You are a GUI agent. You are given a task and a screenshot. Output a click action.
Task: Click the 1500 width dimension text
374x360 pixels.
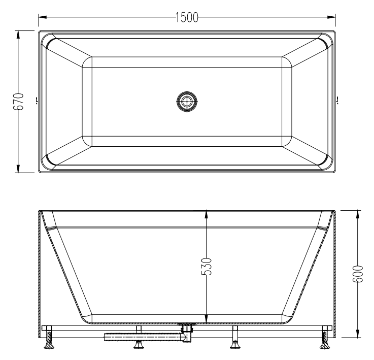click(187, 18)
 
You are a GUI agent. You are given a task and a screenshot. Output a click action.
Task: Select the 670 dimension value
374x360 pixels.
click(18, 102)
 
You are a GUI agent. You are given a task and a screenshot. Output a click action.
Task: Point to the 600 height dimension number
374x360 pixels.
click(358, 274)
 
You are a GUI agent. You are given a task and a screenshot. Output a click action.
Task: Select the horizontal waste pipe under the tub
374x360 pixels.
click(142, 336)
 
